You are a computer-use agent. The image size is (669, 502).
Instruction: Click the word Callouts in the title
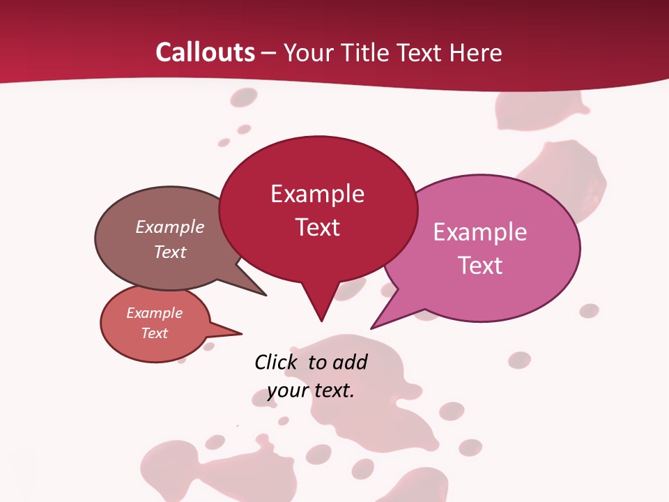205,52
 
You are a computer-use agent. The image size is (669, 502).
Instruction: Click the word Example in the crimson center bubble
317,194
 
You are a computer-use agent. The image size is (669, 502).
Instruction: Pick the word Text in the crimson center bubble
317,227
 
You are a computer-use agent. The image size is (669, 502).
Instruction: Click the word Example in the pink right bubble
480,232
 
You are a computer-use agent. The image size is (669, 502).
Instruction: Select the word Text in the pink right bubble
480,266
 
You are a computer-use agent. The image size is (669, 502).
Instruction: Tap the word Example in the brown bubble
170,227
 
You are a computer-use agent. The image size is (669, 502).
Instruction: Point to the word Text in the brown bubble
170,252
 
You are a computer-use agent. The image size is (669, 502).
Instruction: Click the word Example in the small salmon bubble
155,313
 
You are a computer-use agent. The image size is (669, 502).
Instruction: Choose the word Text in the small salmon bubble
155,333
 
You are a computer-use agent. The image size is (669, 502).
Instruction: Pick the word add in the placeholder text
351,362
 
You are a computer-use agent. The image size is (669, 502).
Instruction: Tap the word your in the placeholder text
287,390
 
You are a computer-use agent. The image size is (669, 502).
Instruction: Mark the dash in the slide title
270,53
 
